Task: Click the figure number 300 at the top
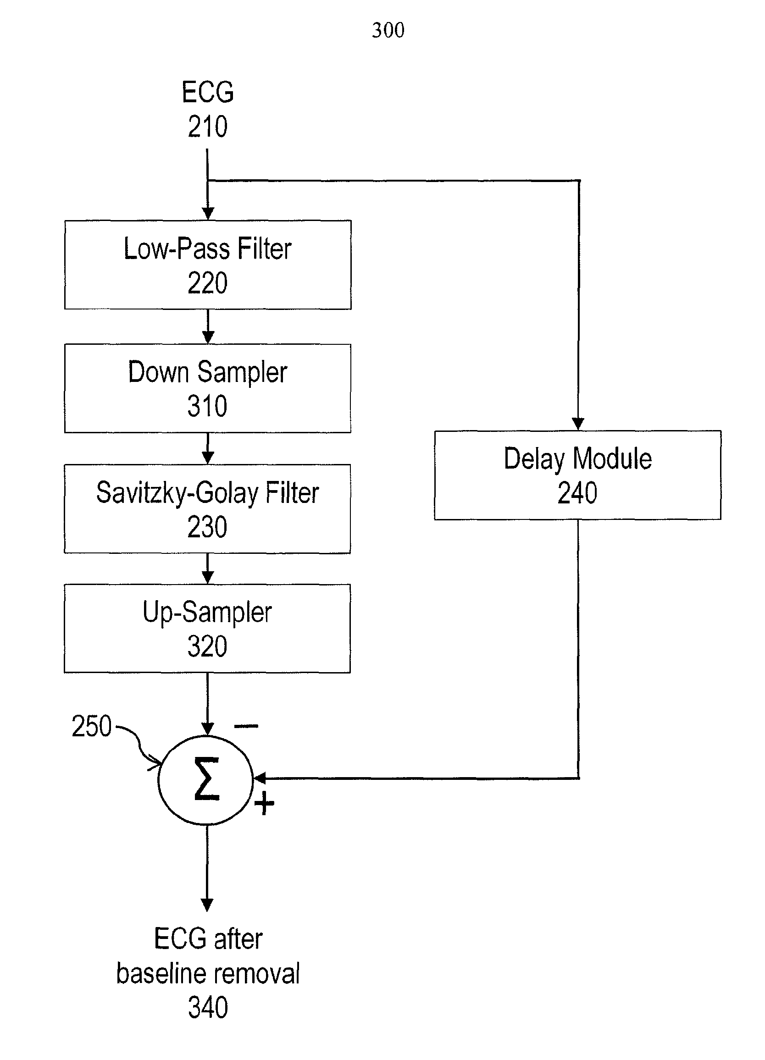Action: (x=388, y=30)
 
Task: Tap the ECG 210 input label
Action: (x=208, y=110)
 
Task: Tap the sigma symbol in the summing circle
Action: (x=207, y=779)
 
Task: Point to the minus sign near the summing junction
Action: (x=246, y=726)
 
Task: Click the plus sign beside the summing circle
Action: (x=264, y=803)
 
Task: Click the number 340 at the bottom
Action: (x=208, y=1008)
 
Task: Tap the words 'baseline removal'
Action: (x=208, y=974)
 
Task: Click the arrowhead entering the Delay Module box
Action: (x=578, y=424)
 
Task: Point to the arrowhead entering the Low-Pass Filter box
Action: (x=208, y=214)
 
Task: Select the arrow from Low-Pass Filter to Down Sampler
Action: (x=208, y=327)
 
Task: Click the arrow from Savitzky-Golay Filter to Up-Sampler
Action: (x=207, y=569)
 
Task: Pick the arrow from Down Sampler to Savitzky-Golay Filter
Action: (x=208, y=449)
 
